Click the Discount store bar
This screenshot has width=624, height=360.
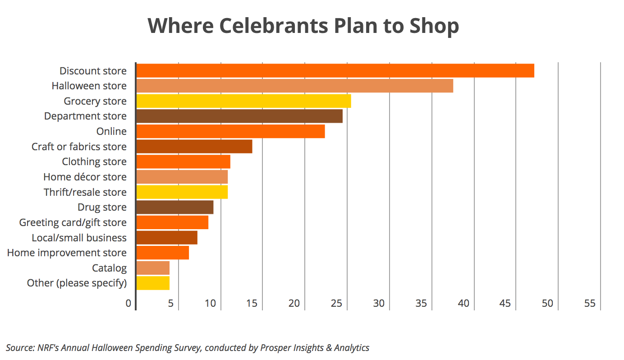335,71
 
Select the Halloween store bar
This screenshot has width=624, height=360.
294,86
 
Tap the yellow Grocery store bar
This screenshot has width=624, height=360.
243,101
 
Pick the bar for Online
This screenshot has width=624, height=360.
230,131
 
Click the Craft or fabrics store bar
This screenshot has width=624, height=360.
194,147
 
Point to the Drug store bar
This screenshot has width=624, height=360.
174,207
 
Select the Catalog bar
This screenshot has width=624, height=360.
153,268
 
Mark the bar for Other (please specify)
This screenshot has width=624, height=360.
153,283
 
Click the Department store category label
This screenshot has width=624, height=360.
85,116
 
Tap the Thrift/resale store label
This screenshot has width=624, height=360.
85,192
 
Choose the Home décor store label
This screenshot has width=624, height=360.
85,177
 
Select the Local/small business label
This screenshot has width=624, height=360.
79,238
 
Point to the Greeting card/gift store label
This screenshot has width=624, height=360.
73,222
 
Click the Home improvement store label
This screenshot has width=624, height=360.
67,253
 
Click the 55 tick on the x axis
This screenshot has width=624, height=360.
590,304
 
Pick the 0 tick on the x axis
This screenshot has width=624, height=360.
128,304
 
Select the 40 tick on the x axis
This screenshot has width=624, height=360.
463,304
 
